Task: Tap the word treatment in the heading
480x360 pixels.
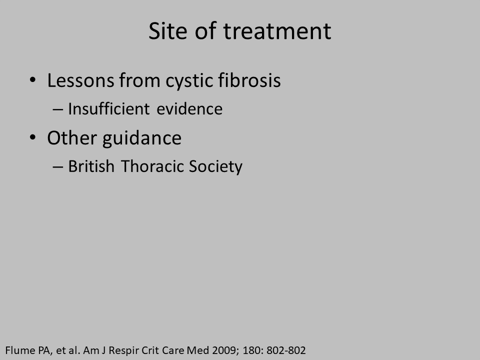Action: (277, 31)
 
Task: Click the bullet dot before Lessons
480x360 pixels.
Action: (33, 80)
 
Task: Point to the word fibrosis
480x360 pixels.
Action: (249, 80)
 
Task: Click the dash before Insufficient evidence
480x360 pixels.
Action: (58, 109)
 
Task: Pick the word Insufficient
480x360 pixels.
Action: (109, 108)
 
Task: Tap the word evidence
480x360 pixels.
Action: (189, 109)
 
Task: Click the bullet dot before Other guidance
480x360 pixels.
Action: (33, 137)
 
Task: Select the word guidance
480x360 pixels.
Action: (142, 138)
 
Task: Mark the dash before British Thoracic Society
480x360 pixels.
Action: (58, 166)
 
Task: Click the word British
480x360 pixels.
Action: (91, 166)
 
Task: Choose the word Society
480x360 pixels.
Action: (215, 167)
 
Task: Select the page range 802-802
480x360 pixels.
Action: (286, 350)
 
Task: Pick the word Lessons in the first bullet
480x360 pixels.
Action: (80, 80)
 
